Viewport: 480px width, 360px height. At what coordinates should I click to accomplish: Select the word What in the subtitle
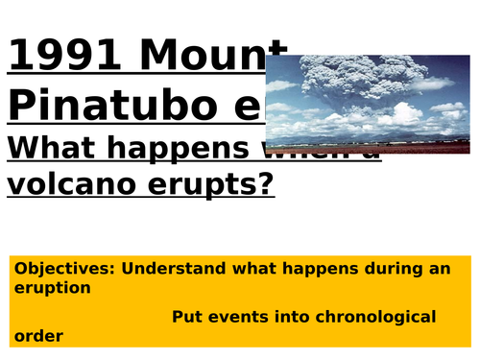57,147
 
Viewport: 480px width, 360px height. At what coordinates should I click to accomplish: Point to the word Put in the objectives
187,316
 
